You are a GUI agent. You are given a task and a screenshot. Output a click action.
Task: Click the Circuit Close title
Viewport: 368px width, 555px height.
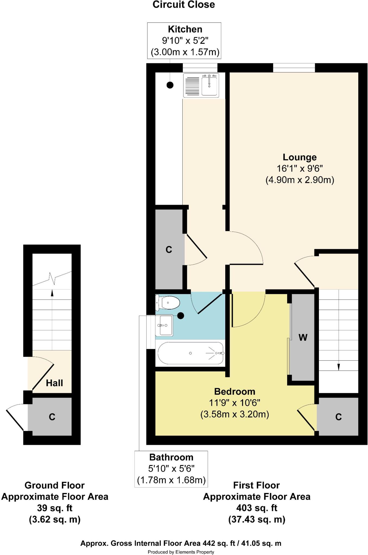(184, 5)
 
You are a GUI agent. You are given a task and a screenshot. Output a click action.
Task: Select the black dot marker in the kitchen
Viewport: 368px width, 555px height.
(170, 85)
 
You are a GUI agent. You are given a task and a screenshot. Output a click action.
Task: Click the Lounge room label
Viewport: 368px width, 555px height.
(300, 157)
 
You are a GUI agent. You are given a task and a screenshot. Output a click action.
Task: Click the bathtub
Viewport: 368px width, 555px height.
(191, 353)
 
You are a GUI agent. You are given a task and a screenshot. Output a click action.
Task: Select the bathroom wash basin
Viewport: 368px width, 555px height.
(164, 325)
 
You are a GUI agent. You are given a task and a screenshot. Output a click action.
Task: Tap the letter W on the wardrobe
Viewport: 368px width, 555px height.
(303, 337)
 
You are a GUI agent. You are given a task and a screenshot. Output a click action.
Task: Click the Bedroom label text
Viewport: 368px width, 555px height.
(234, 391)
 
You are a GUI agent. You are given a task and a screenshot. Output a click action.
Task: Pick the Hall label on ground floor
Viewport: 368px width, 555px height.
(54, 383)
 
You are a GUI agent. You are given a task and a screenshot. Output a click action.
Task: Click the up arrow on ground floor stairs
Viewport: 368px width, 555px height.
(52, 293)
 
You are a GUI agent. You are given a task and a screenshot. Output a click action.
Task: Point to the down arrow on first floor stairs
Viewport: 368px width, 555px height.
(338, 367)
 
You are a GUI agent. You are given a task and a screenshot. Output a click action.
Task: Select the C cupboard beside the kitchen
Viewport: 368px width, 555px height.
(169, 249)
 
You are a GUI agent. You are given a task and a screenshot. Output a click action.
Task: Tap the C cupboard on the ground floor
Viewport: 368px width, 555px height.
(52, 417)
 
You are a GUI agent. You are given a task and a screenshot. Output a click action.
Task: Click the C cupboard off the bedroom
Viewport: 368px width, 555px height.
(338, 417)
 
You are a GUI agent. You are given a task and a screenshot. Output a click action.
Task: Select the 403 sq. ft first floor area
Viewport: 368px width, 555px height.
(256, 508)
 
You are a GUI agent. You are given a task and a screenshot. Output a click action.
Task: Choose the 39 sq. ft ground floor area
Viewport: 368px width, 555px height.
(55, 508)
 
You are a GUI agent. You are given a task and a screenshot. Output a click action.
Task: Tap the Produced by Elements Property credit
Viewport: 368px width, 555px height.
(181, 552)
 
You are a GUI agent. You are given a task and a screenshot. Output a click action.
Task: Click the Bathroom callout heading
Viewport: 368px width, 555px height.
(171, 457)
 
